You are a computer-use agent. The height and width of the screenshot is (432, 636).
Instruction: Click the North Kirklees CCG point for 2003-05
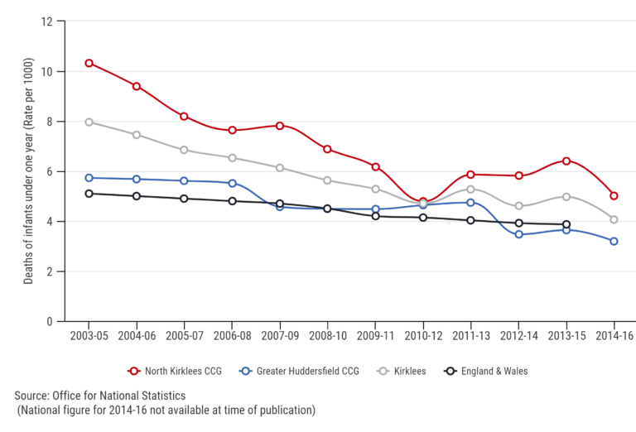[89, 63]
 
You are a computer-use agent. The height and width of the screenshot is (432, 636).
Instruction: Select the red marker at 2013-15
[566, 161]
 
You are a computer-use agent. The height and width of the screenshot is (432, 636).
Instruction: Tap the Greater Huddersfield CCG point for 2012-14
[518, 234]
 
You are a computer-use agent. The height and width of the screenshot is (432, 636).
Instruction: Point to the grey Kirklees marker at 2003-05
[89, 122]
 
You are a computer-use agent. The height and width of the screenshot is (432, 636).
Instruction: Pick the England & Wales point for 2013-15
[566, 223]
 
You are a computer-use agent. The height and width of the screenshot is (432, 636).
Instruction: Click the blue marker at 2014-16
[614, 241]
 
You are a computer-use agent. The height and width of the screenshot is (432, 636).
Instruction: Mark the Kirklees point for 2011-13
[470, 190]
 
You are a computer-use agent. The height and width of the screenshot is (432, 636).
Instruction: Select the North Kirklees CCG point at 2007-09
[280, 126]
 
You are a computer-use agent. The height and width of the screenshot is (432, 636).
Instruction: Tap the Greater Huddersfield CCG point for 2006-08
[232, 183]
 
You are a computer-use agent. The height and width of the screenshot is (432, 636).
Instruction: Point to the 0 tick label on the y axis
[50, 321]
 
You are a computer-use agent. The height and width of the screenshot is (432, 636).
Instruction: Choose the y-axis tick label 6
[50, 171]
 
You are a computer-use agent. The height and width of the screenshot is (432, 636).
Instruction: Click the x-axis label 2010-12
[422, 338]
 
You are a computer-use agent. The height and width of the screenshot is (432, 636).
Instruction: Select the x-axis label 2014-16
[614, 338]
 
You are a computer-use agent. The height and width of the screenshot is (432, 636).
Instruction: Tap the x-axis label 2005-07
[184, 338]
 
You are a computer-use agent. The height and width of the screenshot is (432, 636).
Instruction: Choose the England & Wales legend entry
[485, 372]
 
